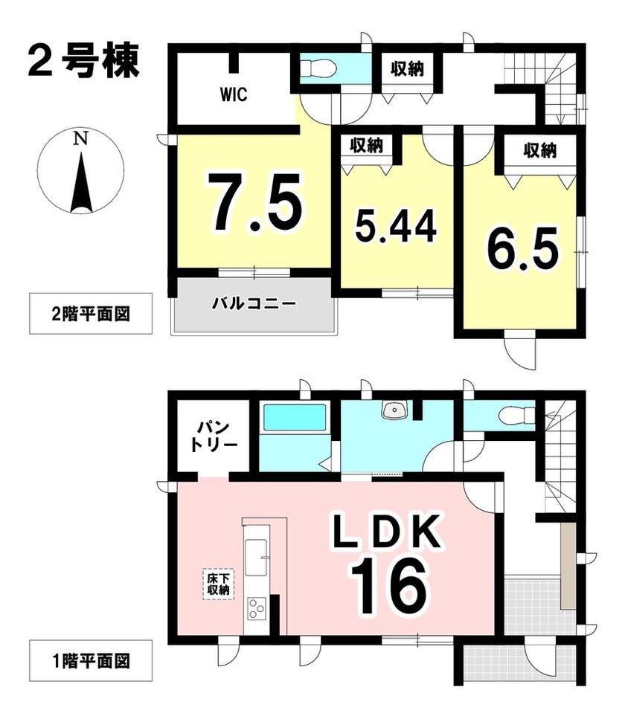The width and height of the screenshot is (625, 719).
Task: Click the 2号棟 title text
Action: (83, 60)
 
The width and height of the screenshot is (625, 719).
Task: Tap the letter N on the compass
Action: (81, 138)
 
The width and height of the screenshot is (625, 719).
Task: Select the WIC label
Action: (234, 94)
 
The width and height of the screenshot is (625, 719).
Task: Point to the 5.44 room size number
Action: (396, 227)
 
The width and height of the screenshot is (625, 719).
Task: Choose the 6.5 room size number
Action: (522, 249)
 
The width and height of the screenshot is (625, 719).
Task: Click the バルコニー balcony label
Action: (253, 303)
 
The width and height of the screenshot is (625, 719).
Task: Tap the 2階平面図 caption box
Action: (91, 314)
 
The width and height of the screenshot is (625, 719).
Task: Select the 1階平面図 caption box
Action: (91, 661)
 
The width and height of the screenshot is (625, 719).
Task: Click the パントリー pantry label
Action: (214, 436)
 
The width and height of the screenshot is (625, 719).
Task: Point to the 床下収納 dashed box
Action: (218, 584)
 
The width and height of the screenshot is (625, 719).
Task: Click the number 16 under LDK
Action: (389, 587)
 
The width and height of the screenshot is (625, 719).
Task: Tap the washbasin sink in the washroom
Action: (394, 410)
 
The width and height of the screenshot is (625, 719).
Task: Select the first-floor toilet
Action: (518, 416)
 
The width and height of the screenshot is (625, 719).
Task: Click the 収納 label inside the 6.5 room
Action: (539, 150)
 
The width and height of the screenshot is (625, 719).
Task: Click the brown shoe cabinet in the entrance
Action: (568, 566)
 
